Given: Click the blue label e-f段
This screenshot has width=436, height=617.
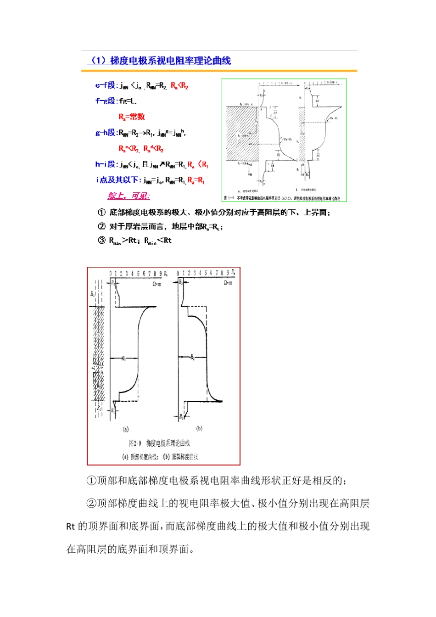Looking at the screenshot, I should tap(106, 85).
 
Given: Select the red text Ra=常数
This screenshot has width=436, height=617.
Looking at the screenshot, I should tap(132, 117).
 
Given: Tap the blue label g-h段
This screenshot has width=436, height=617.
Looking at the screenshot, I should tap(106, 133).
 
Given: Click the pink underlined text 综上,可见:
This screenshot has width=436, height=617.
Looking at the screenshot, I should tap(129, 196).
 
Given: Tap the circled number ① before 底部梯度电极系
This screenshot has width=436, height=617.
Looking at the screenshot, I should tap(102, 212).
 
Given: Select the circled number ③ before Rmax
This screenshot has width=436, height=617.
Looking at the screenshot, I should tap(102, 240).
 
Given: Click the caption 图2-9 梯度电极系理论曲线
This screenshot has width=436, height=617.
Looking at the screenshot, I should tap(159, 443).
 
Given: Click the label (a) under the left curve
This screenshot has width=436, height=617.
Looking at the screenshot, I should tap(125, 429).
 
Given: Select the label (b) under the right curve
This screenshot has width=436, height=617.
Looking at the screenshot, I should tap(199, 428).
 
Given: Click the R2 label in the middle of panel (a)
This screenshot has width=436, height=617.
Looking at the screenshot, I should tap(123, 359).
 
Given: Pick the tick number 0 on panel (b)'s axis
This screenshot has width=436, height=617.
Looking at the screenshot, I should tap(178, 273).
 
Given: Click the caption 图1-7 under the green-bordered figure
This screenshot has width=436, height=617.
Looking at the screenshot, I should tap(228, 198).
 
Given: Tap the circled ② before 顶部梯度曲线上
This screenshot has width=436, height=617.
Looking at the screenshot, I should tap(91, 504).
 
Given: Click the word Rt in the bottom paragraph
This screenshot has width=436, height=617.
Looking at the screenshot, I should tap(71, 527).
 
